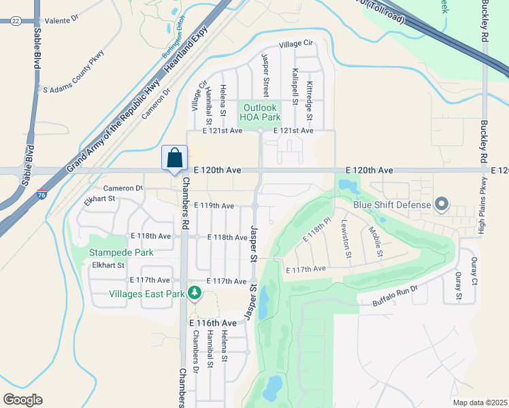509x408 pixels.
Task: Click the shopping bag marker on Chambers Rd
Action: tap(175, 157)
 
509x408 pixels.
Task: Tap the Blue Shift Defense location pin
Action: tap(442, 203)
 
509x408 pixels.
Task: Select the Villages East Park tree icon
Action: tap(195, 293)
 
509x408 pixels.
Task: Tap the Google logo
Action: tap(22, 399)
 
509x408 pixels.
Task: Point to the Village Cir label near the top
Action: tap(295, 44)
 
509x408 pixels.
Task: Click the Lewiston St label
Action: tap(347, 239)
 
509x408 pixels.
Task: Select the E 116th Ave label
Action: tap(213, 322)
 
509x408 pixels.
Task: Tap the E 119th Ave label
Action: tap(214, 205)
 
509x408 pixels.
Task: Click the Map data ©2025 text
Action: tap(479, 403)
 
